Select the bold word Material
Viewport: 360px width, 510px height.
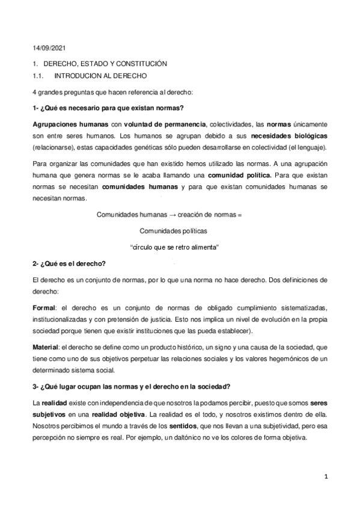pos(46,347)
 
